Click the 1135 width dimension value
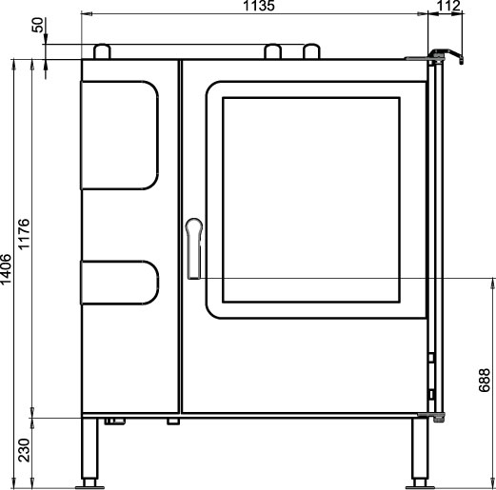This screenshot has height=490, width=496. coord(259,6)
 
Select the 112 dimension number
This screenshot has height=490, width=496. coord(448,6)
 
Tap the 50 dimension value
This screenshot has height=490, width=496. coord(37,25)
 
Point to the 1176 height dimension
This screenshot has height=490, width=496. coord(24,234)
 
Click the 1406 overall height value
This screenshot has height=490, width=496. coord(6,269)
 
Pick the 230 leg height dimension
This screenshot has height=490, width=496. coord(24,450)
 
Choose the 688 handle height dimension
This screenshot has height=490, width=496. coord(485,381)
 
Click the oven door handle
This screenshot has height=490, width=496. coord(194,248)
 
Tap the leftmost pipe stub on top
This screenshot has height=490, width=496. coord(102,51)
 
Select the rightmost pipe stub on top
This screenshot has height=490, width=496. coord(311,51)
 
